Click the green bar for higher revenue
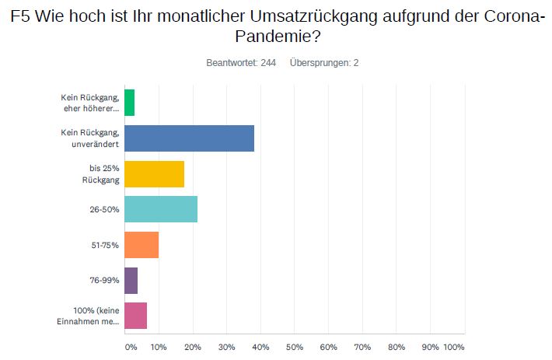pyautogui.click(x=129, y=103)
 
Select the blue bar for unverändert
pyautogui.click(x=189, y=138)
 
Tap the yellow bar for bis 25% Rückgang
pyautogui.click(x=154, y=174)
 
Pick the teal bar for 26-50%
pyautogui.click(x=161, y=210)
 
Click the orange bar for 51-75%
pyautogui.click(x=141, y=245)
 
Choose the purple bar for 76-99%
pyautogui.click(x=131, y=281)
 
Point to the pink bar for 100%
pyautogui.click(x=135, y=316)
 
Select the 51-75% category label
pyautogui.click(x=104, y=245)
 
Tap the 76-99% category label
pyautogui.click(x=104, y=281)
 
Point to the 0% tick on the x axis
pyautogui.click(x=131, y=346)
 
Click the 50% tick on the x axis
pyautogui.click(x=295, y=346)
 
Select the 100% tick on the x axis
pyautogui.click(x=454, y=346)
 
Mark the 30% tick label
pyautogui.click(x=226, y=346)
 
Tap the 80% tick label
pyautogui.click(x=397, y=346)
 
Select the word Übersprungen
pyautogui.click(x=319, y=62)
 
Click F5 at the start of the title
pyautogui.click(x=21, y=15)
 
